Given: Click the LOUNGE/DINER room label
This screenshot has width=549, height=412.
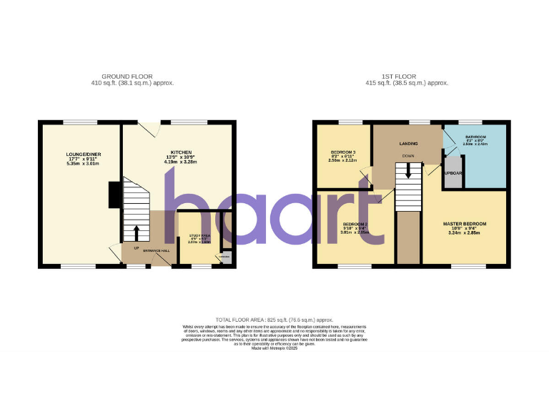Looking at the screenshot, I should (79, 154).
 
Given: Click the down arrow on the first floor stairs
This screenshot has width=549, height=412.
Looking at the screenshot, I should (408, 171).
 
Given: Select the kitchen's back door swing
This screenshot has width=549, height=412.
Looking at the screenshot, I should (149, 129).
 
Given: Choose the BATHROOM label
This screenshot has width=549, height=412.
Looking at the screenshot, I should (475, 136).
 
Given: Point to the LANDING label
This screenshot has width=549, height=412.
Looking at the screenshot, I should (408, 144).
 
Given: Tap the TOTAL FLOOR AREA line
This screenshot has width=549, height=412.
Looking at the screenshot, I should (274, 320).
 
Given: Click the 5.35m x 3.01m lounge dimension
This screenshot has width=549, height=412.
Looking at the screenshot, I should (79, 164).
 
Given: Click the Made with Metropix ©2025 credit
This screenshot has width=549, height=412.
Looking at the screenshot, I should (274, 348).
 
